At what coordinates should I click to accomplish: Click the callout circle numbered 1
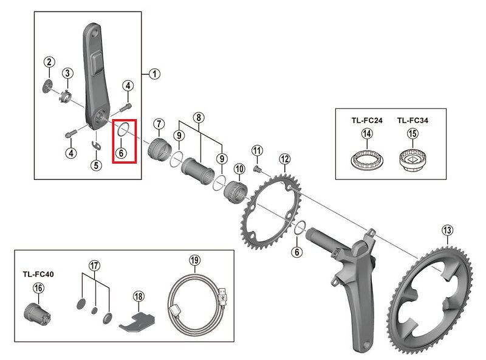click(x=154, y=74)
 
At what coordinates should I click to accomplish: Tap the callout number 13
click(x=447, y=230)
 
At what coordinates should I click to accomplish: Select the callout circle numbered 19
click(x=194, y=260)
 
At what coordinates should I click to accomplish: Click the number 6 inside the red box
click(x=122, y=153)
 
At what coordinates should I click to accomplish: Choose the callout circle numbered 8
click(x=199, y=117)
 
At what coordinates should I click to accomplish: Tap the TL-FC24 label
click(x=366, y=120)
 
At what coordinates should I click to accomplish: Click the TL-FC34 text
click(x=412, y=120)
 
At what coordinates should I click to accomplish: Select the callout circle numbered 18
click(x=139, y=296)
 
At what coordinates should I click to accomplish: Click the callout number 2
click(x=49, y=61)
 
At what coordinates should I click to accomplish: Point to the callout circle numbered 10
click(x=239, y=168)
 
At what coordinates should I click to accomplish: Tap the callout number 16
click(x=38, y=288)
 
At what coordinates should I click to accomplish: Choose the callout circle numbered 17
click(x=94, y=265)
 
